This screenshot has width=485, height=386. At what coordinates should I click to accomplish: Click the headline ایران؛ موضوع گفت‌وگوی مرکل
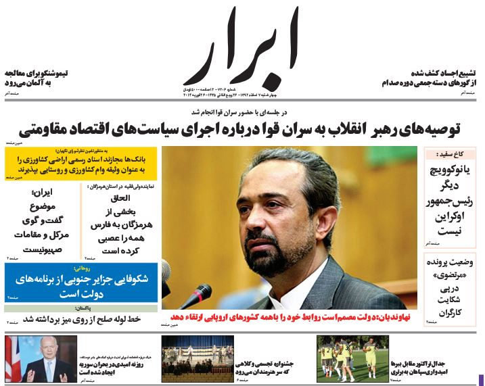(42, 220)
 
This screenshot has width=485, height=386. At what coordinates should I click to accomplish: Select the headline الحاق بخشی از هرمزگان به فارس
(121, 220)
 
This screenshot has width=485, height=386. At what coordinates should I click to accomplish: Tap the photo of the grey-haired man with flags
(40, 358)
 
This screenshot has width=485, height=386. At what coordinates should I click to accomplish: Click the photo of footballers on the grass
(352, 358)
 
